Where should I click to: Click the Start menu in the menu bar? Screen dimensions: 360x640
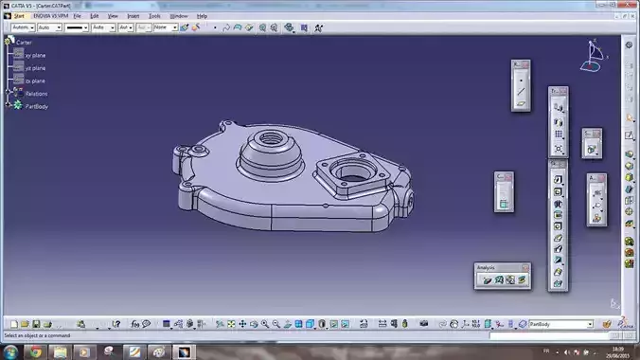pyautogui.click(x=19, y=16)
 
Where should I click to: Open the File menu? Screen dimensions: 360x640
pyautogui.click(x=76, y=16)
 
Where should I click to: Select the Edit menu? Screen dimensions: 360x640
pyautogui.click(x=94, y=16)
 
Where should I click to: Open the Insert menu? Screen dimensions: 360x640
pyautogui.click(x=133, y=16)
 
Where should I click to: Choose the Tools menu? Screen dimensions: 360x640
pyautogui.click(x=154, y=16)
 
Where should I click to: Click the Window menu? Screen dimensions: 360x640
pyautogui.click(x=178, y=16)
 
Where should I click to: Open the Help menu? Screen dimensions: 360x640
pyautogui.click(x=202, y=16)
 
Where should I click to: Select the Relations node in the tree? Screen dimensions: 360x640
pyautogui.click(x=36, y=94)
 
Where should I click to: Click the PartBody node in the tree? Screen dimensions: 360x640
pyautogui.click(x=37, y=106)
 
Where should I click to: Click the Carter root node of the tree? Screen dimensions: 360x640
pyautogui.click(x=24, y=43)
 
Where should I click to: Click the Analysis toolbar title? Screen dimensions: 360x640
pyautogui.click(x=487, y=268)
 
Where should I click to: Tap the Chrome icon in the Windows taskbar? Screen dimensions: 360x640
pyautogui.click(x=35, y=351)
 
